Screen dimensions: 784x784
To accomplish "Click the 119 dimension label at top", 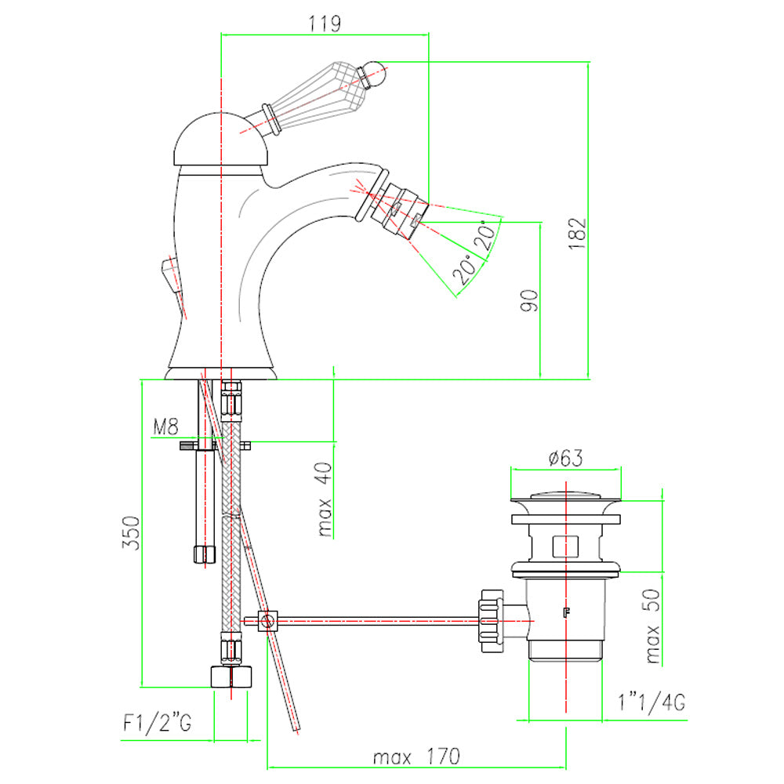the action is point(325,24).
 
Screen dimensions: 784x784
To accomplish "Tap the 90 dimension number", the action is point(529,300).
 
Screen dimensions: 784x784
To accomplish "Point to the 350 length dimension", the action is point(131,533).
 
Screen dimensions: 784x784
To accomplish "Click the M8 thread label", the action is point(165,427).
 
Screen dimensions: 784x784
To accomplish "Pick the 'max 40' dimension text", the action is point(325,499).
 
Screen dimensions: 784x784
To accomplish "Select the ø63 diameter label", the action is point(565,458).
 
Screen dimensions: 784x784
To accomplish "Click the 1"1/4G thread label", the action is point(652,702).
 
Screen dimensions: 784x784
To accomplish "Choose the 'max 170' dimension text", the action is point(416,757).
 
